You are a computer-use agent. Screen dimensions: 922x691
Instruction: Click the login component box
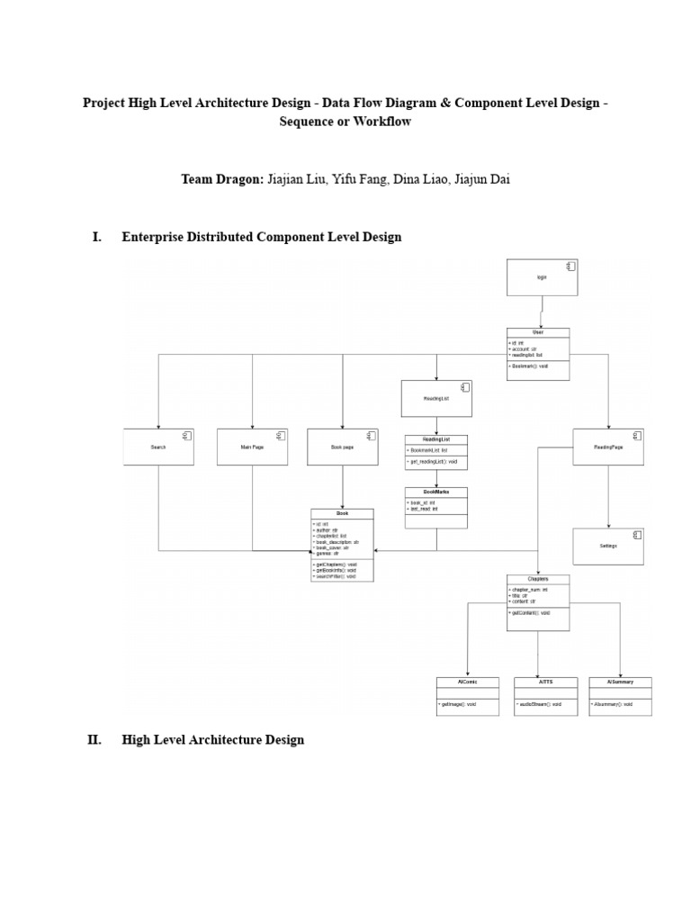542,277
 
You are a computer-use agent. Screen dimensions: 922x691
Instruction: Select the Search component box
158,447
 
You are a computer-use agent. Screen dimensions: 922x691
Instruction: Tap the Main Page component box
252,447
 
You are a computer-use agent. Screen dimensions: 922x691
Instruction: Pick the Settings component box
608,547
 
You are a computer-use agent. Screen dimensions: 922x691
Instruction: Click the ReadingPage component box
608,447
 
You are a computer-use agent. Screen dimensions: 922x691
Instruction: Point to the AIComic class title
467,682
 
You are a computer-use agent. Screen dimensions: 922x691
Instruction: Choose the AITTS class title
545,682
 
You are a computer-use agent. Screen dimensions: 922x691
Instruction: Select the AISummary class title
620,682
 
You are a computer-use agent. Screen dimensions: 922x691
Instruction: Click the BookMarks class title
436,492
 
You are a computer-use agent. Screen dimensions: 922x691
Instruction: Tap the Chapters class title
538,579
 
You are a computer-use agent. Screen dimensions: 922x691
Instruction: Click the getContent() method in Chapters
530,612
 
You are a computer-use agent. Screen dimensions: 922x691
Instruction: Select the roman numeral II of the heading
94,740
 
